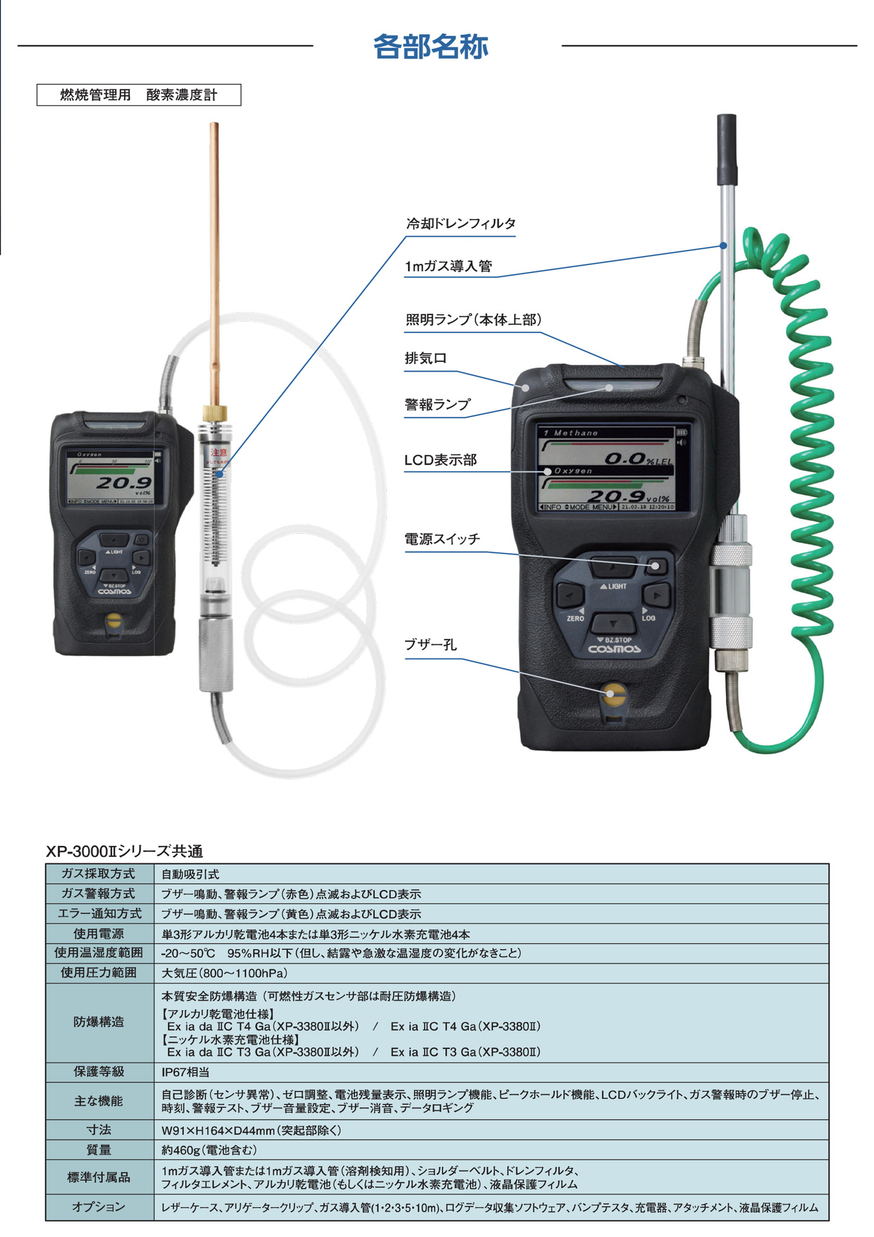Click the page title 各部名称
[x=430, y=46]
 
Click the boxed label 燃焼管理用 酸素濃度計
[x=138, y=95]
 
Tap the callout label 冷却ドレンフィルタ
[x=461, y=224]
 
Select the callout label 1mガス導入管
[x=448, y=266]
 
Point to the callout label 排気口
[x=426, y=358]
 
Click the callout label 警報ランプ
[x=437, y=405]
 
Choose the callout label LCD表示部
[x=441, y=460]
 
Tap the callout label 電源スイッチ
[x=442, y=539]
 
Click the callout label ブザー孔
[x=430, y=645]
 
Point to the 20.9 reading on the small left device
[x=124, y=482]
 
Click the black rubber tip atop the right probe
[x=727, y=149]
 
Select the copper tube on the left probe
[x=214, y=258]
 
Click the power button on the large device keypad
[x=656, y=566]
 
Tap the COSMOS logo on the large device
[x=614, y=649]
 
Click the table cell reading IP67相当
[x=185, y=1072]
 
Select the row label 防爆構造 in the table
[x=99, y=1022]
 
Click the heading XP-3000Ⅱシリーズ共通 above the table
[x=124, y=851]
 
